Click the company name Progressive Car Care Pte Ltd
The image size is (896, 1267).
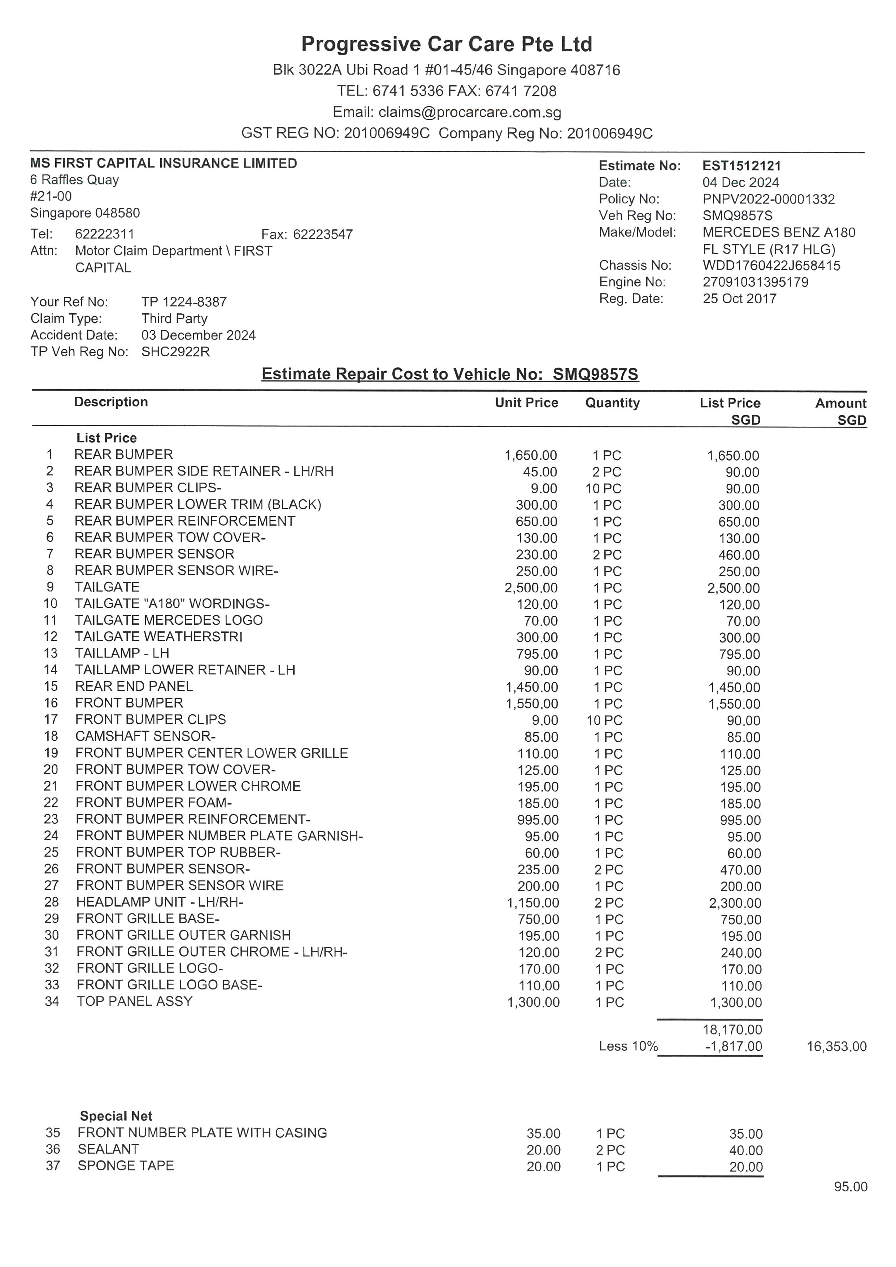click(x=447, y=44)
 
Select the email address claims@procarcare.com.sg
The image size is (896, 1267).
click(x=470, y=113)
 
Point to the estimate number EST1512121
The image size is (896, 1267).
click(x=741, y=166)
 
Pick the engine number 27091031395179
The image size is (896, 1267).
click(x=755, y=282)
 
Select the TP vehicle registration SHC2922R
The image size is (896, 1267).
click(x=175, y=352)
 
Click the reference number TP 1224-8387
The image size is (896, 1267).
click(x=184, y=302)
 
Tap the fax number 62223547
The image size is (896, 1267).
click(x=323, y=235)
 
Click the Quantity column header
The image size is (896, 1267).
click(x=612, y=403)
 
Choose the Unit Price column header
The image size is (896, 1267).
click(x=526, y=403)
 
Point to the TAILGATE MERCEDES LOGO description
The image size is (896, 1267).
click(x=169, y=620)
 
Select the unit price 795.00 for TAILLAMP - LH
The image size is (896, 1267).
click(x=537, y=654)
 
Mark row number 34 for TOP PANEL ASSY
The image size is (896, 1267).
click(x=52, y=1002)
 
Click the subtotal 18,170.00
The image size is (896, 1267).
click(x=732, y=1030)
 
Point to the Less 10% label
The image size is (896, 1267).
click(x=628, y=1046)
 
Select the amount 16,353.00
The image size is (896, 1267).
click(x=836, y=1046)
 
